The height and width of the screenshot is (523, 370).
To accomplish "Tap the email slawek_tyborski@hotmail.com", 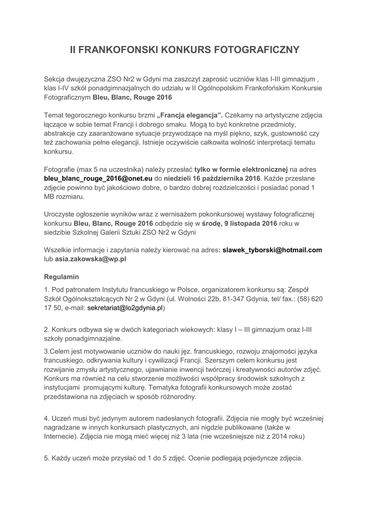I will click(x=273, y=250).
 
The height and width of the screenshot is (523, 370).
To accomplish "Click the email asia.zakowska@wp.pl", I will click(x=91, y=259).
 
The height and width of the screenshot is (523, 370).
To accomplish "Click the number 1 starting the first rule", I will click(x=46, y=290).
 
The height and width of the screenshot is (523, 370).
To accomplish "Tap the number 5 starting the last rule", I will click(x=46, y=458).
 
